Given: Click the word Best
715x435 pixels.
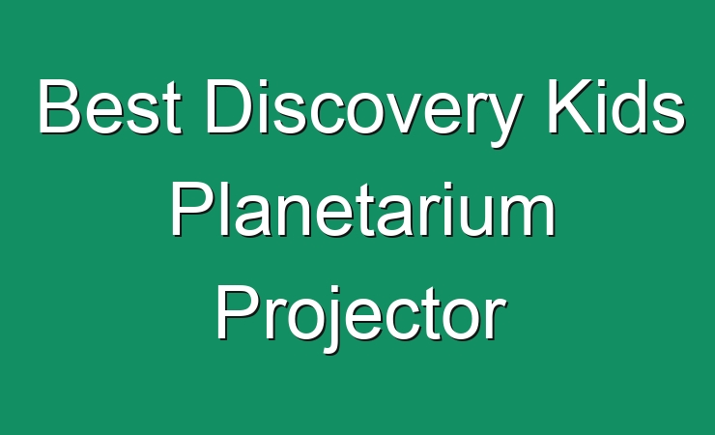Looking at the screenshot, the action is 109,106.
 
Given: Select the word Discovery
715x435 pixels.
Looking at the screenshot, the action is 363,112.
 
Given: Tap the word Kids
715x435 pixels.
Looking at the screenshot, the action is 615,106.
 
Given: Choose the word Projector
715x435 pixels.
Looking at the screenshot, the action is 361,317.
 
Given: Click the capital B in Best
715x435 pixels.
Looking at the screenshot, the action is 59,106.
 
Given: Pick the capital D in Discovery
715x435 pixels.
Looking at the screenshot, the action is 230,106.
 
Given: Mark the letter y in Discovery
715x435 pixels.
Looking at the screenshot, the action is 502,121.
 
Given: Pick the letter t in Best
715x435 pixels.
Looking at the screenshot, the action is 172,109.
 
